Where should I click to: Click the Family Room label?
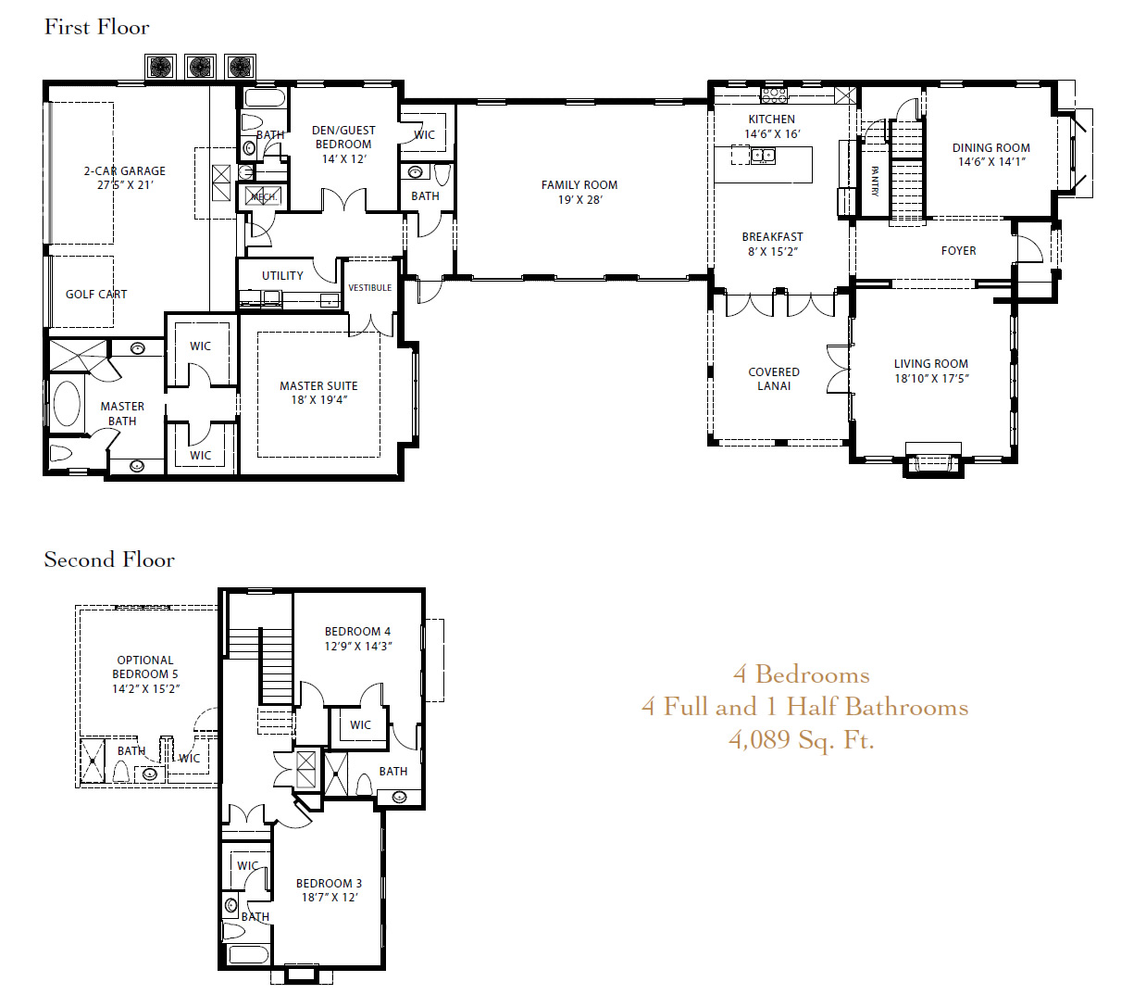[579, 185]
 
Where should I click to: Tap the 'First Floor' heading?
[97, 27]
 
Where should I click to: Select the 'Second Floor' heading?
[109, 560]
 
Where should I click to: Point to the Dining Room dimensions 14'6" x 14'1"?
[991, 162]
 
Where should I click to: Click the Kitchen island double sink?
[763, 156]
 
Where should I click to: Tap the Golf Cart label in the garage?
[96, 295]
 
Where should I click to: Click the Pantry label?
[875, 182]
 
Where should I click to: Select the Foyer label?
[959, 251]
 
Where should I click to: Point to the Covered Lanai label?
[774, 379]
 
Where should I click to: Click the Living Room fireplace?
[933, 460]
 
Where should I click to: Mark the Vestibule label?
[369, 287]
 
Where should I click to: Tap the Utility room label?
[282, 276]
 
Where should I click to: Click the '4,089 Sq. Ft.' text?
[802, 740]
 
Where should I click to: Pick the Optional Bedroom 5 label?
[145, 667]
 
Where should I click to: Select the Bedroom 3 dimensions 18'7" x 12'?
[330, 898]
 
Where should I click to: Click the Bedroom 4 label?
[357, 632]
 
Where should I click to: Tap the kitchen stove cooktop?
[774, 95]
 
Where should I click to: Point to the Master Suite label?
[318, 385]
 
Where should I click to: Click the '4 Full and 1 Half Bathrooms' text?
[805, 707]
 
